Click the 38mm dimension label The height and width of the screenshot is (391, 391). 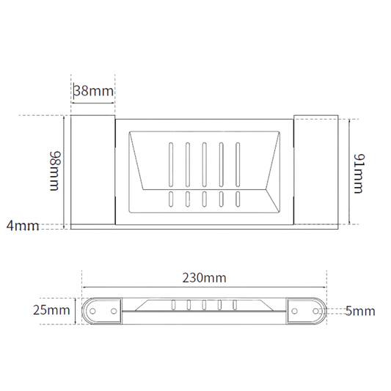tap(94, 91)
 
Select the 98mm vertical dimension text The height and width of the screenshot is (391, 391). tap(55, 171)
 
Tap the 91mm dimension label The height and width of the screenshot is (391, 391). tap(359, 174)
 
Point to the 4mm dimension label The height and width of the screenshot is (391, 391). tap(23, 226)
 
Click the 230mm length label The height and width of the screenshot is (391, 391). tap(204, 278)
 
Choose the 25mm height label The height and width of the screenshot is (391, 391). tap(51, 310)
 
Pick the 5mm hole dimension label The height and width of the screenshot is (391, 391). tap(360, 311)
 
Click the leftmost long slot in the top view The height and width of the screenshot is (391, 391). tap(171, 164)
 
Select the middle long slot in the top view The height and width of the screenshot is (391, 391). tap(204, 164)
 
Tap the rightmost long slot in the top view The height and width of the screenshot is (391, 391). tap(238, 164)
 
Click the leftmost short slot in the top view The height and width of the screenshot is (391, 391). tap(171, 199)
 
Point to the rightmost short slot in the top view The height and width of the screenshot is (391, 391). tap(238, 199)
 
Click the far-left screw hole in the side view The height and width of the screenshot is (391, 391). tap(92, 311)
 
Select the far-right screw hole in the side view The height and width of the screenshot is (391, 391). tap(315, 311)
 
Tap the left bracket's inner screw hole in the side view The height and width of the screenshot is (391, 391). tap(114, 311)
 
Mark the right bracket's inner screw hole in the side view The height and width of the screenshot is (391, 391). tap(294, 311)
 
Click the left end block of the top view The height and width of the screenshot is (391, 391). tap(92, 169)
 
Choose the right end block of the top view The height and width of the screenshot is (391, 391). tap(316, 169)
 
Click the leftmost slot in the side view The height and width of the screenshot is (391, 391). tap(173, 305)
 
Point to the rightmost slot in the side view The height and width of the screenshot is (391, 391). tap(235, 305)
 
